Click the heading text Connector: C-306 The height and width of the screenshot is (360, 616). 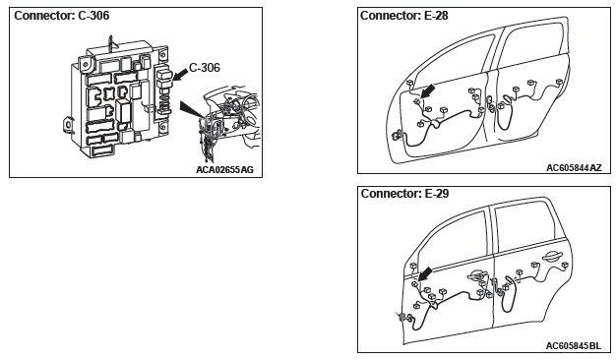(x=62, y=16)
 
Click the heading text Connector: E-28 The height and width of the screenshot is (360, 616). (x=404, y=16)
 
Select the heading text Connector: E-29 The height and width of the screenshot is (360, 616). (x=404, y=194)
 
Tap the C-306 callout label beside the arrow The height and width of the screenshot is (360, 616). (x=205, y=68)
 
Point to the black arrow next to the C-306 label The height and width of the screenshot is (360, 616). (x=179, y=75)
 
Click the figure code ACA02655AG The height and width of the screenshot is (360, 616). (x=224, y=169)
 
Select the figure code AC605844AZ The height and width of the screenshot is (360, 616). (x=574, y=168)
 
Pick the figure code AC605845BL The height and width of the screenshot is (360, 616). (x=574, y=346)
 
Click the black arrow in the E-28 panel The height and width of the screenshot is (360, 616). (x=427, y=91)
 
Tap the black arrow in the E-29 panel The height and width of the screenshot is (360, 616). (x=424, y=274)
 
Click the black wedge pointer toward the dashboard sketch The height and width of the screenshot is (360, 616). (x=191, y=109)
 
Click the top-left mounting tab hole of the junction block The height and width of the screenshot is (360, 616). (x=86, y=64)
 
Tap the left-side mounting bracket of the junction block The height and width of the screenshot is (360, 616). (x=68, y=125)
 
